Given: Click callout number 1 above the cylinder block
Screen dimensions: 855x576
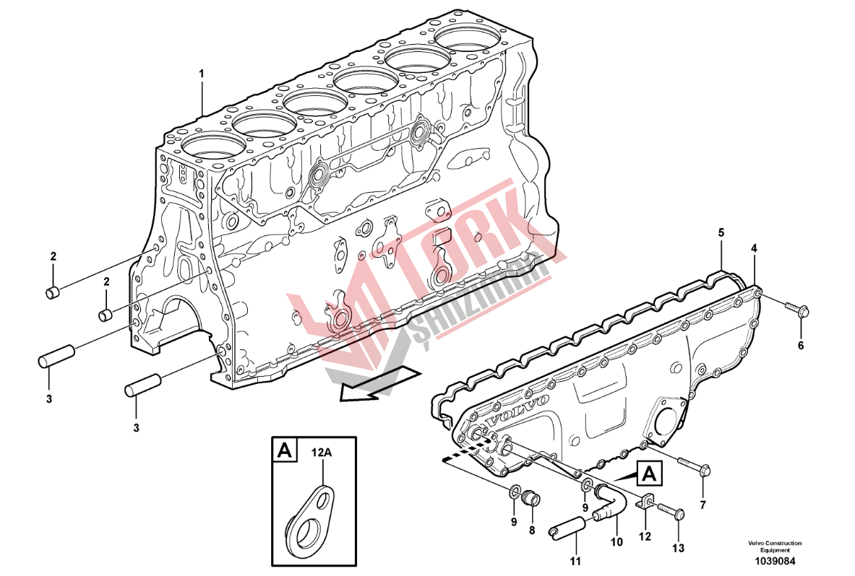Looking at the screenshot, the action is pyautogui.click(x=201, y=73).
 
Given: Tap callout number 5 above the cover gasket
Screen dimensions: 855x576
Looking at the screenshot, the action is pyautogui.click(x=721, y=232).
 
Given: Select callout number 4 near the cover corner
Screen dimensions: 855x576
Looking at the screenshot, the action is pyautogui.click(x=754, y=248).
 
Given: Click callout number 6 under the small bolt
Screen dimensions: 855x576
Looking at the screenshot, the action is pyautogui.click(x=801, y=345).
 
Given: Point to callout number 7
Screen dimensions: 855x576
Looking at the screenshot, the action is pyautogui.click(x=703, y=505).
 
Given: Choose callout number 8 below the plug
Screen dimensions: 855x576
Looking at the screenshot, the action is pyautogui.click(x=532, y=530).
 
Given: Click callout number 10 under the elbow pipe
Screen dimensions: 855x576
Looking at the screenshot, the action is pyautogui.click(x=616, y=541).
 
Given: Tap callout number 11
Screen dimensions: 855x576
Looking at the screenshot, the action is pyautogui.click(x=576, y=561).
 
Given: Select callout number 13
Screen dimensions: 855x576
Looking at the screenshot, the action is pyautogui.click(x=678, y=549).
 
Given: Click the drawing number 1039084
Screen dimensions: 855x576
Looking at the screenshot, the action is pyautogui.click(x=775, y=561).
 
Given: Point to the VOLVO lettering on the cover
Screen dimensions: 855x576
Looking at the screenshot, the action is pyautogui.click(x=517, y=411).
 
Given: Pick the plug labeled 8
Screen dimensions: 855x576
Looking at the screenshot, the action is pyautogui.click(x=530, y=497).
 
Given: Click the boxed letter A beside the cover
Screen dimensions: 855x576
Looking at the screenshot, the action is pyautogui.click(x=649, y=474).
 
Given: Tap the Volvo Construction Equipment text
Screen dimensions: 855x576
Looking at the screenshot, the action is pyautogui.click(x=775, y=546).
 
